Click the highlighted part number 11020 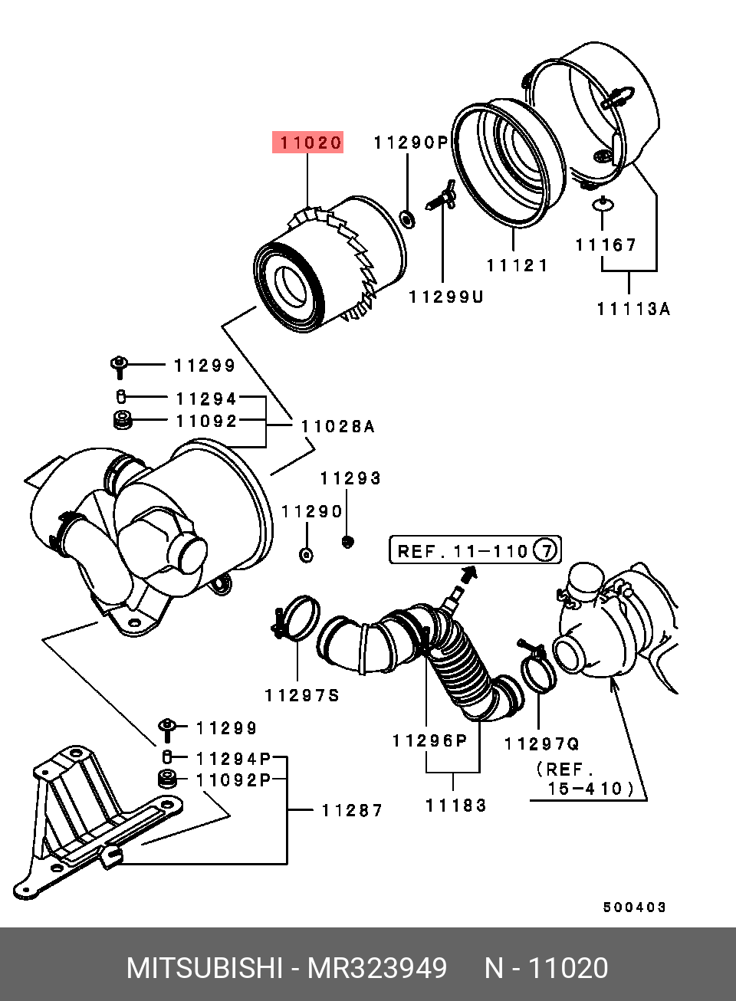[x=308, y=143]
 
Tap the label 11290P [x=410, y=143]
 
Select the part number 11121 [x=517, y=266]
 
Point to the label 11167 [x=606, y=245]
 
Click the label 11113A [x=633, y=309]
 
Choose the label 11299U [x=446, y=297]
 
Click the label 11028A [x=337, y=427]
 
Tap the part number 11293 [x=350, y=478]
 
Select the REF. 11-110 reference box [x=475, y=550]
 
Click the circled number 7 [x=544, y=550]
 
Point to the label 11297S [x=302, y=696]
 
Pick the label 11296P [x=429, y=740]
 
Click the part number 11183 [x=456, y=806]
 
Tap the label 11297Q [x=542, y=743]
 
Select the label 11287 [x=352, y=810]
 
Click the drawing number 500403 [x=634, y=907]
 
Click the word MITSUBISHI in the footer [x=204, y=968]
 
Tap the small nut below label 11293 [x=347, y=542]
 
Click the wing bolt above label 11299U [x=442, y=196]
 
